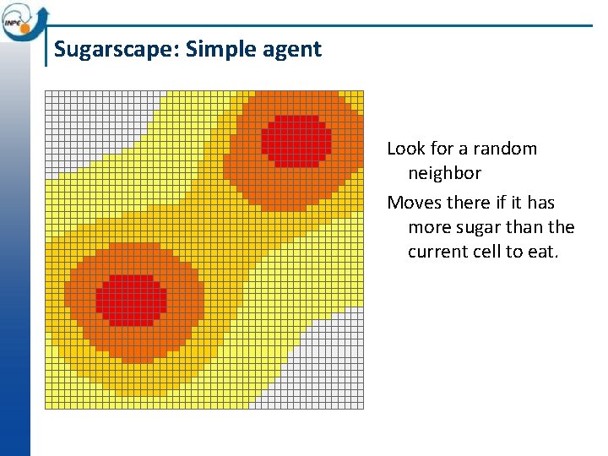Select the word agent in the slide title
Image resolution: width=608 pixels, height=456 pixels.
coord(292,49)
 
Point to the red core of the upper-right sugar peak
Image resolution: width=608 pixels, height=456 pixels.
coord(296,139)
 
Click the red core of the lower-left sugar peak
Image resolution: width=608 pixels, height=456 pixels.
coord(131,300)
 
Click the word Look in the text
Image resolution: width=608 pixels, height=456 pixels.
coord(406,149)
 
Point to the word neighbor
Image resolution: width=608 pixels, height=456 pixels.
coord(444,173)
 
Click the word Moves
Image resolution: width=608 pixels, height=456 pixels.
coord(412,203)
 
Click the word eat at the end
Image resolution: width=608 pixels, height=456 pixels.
coord(543,252)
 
